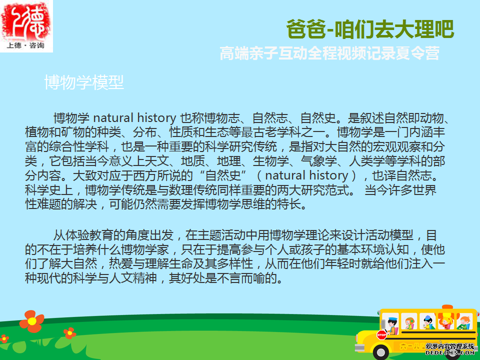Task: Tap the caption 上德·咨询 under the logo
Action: pos(25,45)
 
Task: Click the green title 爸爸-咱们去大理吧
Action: pos(370,29)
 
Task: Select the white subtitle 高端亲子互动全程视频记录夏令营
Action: pos(329,53)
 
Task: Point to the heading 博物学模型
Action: pos(84,82)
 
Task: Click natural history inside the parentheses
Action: pos(306,175)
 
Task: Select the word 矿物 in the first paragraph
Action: pos(72,132)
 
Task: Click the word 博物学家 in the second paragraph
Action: pos(145,250)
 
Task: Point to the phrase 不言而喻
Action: pos(240,278)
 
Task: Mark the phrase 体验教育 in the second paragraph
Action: pos(89,235)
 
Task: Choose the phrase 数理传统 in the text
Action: pos(192,190)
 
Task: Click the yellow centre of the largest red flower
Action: pos(31,321)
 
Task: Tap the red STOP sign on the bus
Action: pos(381,335)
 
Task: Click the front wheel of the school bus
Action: pos(381,352)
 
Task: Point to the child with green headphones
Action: pos(409,323)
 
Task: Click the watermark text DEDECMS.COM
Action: pos(450,352)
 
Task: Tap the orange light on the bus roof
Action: pos(447,307)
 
